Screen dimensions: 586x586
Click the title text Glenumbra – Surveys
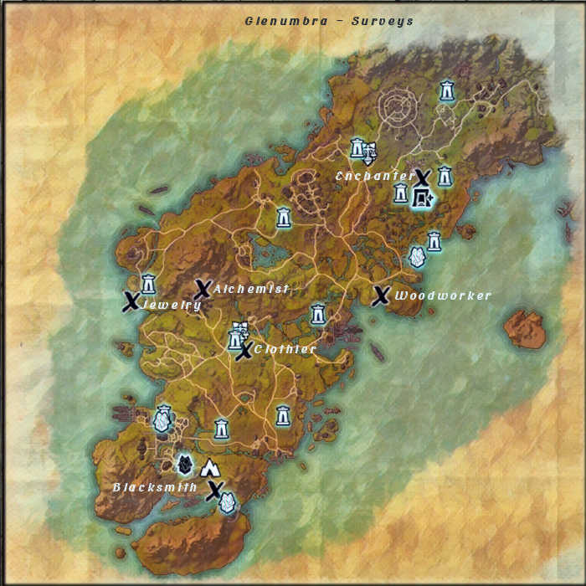(x=329, y=21)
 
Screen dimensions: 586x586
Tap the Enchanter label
(x=373, y=177)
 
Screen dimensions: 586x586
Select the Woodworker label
(x=443, y=296)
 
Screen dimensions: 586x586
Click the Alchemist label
(x=251, y=289)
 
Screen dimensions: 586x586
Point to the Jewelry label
(x=172, y=306)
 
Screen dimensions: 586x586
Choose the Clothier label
(x=285, y=349)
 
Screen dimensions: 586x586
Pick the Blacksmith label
(x=155, y=487)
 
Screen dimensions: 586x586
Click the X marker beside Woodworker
(x=381, y=296)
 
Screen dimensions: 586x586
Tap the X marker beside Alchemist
(x=202, y=290)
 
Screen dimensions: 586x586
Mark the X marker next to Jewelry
(x=131, y=301)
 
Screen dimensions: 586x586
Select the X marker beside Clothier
(x=244, y=352)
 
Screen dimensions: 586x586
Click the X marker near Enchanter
(x=423, y=177)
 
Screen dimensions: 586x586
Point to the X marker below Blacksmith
(x=215, y=491)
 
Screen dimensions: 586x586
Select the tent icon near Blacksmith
(x=208, y=468)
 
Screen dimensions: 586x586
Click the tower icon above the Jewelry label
(x=149, y=282)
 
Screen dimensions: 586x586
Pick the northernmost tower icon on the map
(x=448, y=90)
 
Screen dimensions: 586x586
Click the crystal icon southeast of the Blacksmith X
(x=226, y=502)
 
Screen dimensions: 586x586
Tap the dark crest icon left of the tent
(x=186, y=463)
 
